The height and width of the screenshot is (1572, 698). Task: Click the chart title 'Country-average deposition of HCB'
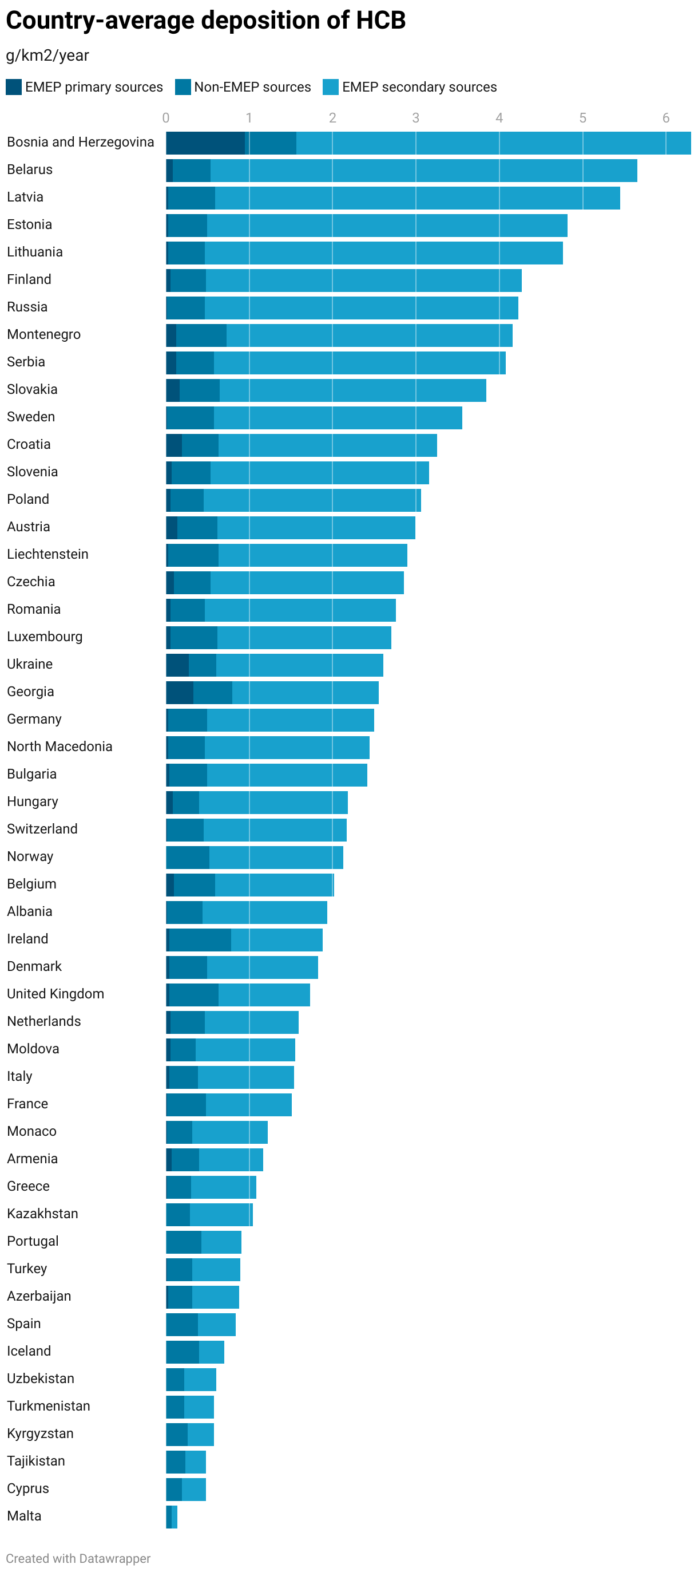[205, 21]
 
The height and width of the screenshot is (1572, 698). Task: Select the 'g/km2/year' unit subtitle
[47, 56]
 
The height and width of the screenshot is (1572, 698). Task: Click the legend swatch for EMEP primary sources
[13, 86]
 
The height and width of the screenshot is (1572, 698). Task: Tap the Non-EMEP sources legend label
[252, 86]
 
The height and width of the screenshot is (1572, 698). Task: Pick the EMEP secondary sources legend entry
[419, 86]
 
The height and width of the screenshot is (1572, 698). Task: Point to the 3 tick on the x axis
[415, 118]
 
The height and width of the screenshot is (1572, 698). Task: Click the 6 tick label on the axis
[665, 118]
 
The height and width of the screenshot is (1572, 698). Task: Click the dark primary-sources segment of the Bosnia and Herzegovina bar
[204, 143]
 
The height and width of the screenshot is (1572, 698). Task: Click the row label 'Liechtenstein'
[47, 554]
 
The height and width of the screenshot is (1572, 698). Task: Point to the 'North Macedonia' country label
[59, 746]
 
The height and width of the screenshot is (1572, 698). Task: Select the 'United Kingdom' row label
[55, 993]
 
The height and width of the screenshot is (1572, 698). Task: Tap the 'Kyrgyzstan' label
[40, 1433]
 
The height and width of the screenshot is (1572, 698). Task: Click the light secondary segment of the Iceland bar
[211, 1352]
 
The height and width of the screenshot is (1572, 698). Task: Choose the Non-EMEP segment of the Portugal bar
[184, 1242]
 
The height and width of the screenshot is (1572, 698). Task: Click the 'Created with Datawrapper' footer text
[78, 1558]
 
